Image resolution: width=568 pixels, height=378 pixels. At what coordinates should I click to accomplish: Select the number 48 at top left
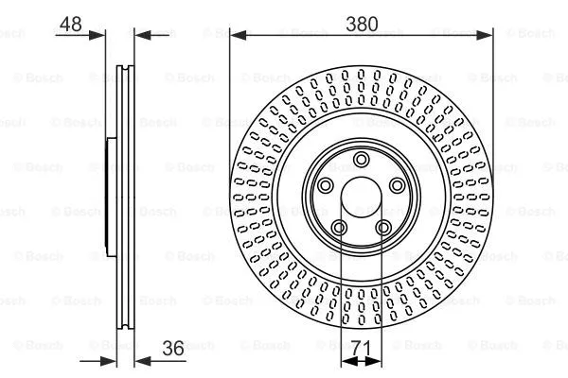(x=69, y=25)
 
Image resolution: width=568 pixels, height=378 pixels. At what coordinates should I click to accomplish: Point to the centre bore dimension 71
(x=361, y=350)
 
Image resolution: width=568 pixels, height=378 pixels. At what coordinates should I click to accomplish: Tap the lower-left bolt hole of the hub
(x=339, y=226)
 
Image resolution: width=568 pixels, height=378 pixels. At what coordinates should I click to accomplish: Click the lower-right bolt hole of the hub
(x=382, y=226)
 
